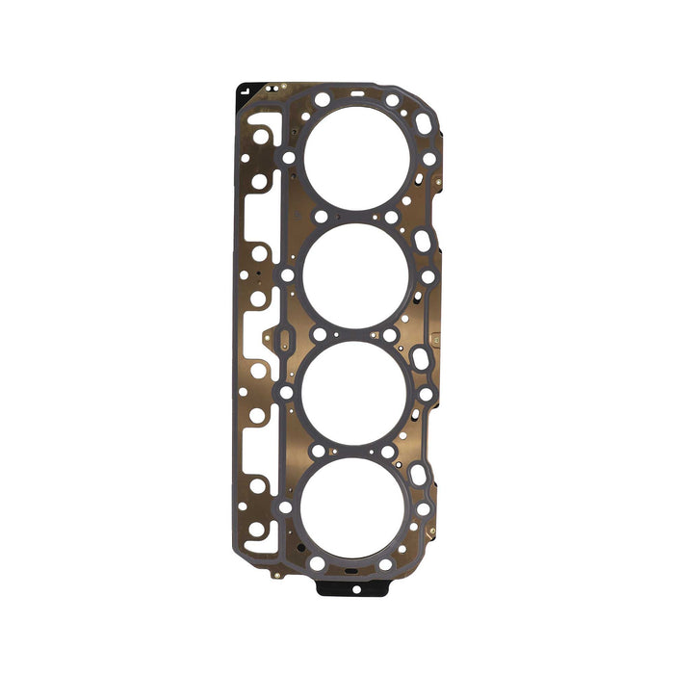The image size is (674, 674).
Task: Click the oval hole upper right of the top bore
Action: tap(424, 123)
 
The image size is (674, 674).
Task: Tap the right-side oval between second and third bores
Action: tap(421, 358)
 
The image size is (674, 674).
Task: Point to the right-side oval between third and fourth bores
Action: tap(419, 475)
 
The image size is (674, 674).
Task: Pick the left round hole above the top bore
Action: tap(322, 99)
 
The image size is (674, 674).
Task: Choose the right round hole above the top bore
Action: tap(392, 100)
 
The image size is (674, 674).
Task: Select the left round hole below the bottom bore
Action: tap(317, 564)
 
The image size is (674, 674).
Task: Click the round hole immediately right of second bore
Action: tap(427, 276)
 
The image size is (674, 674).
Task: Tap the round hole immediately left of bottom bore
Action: tap(284, 506)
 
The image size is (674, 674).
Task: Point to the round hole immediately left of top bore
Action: tap(289, 157)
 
